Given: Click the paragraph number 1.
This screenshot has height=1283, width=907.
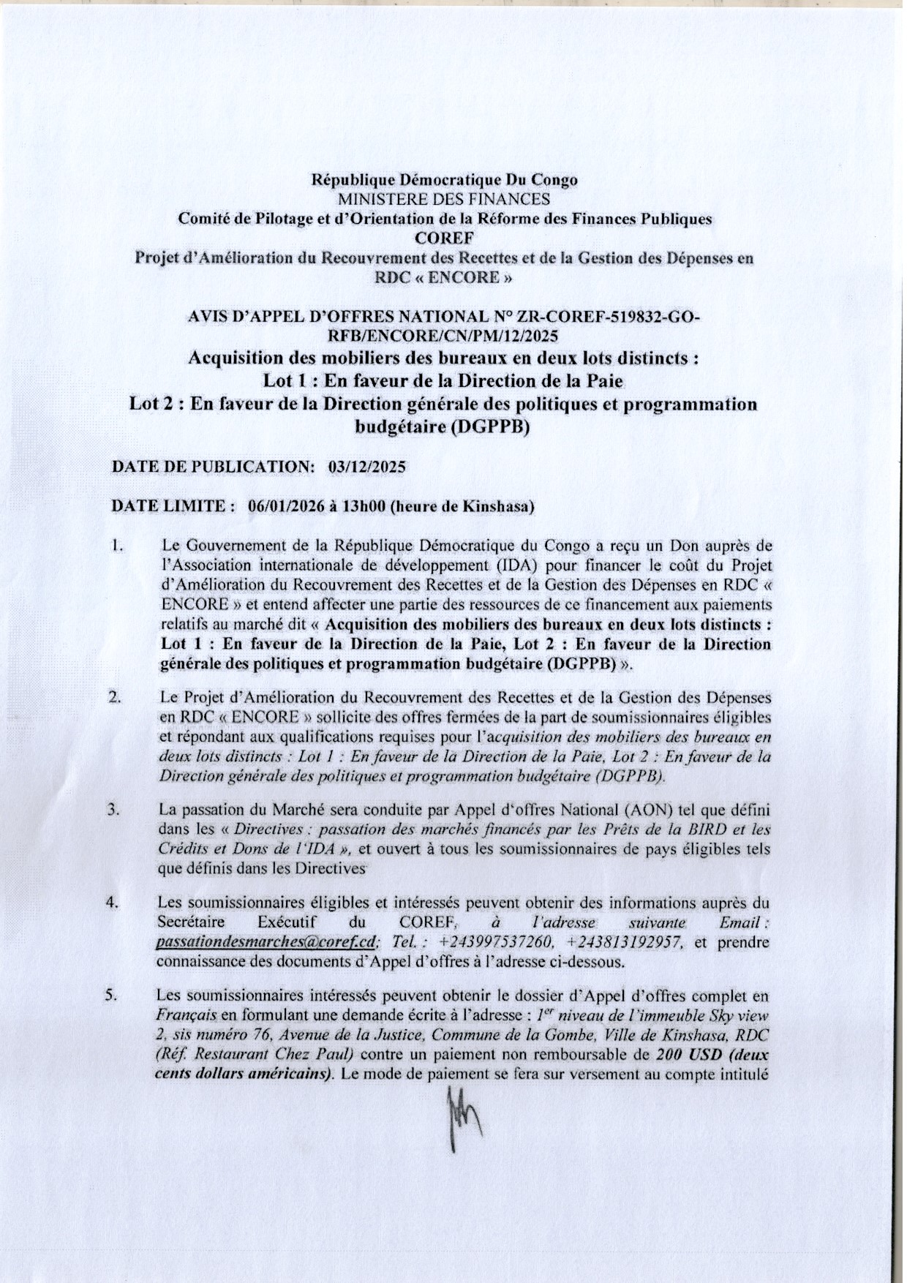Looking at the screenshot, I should point(116,546).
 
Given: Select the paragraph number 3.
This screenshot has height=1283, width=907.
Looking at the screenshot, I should point(115,812).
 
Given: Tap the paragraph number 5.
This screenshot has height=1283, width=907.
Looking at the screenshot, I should point(115,996).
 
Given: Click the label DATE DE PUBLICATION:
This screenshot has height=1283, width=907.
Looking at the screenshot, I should point(213,466).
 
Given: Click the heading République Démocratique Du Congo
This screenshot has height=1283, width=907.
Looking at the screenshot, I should point(444,179).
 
